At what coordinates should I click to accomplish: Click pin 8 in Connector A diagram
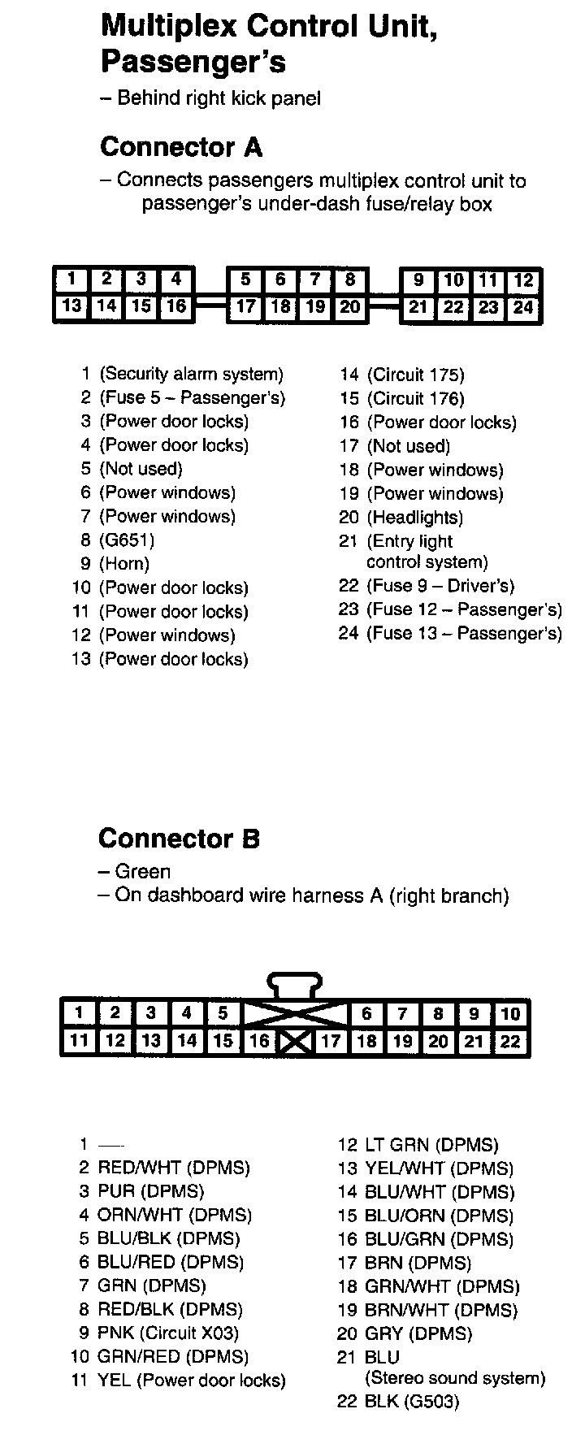tap(349, 280)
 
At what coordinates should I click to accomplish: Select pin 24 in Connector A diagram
tap(523, 307)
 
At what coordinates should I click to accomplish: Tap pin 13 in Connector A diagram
tap(71, 306)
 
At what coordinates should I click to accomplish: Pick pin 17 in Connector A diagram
tap(246, 307)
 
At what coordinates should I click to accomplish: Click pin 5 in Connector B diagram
tap(223, 1012)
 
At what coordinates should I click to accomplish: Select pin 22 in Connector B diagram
tap(510, 1042)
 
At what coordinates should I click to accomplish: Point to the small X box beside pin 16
tap(295, 1042)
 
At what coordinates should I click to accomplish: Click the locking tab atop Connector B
tap(295, 985)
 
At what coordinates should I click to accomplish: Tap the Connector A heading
tap(180, 147)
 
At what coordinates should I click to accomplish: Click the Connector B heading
tap(179, 838)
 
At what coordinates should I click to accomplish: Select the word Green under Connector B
tap(143, 872)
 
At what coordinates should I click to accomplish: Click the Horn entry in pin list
tap(124, 564)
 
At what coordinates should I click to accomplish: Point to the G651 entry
tap(127, 540)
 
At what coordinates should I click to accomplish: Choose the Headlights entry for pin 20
tap(414, 518)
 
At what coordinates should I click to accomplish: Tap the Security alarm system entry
tap(191, 375)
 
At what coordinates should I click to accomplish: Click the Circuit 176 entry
tap(415, 399)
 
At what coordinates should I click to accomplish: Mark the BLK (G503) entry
tap(411, 1402)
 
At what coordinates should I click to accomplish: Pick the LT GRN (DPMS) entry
tap(431, 1145)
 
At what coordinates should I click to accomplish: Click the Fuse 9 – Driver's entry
tap(440, 586)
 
